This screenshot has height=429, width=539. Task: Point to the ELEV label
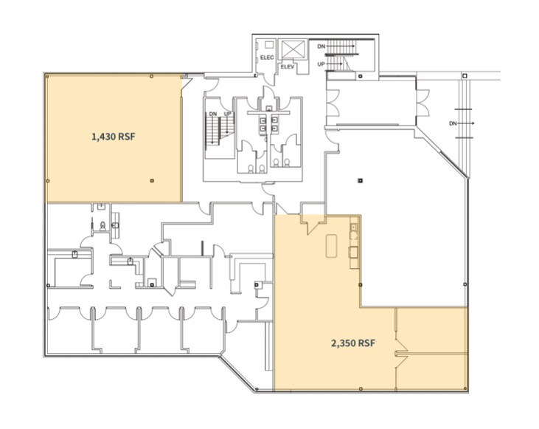[x=287, y=66]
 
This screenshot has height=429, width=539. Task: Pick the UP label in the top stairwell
[x=321, y=64]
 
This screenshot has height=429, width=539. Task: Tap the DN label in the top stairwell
[x=321, y=47]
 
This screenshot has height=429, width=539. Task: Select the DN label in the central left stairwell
[x=212, y=114]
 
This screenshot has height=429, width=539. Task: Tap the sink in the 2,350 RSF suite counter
[x=352, y=236]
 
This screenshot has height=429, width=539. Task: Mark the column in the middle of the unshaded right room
[x=360, y=180]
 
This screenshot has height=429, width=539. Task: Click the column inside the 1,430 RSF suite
[x=151, y=179]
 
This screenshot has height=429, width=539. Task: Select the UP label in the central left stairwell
[x=227, y=114]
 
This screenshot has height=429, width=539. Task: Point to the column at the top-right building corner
[x=465, y=75]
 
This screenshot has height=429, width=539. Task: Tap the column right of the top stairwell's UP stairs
[x=360, y=75]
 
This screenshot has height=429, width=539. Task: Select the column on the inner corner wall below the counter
[x=360, y=284]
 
